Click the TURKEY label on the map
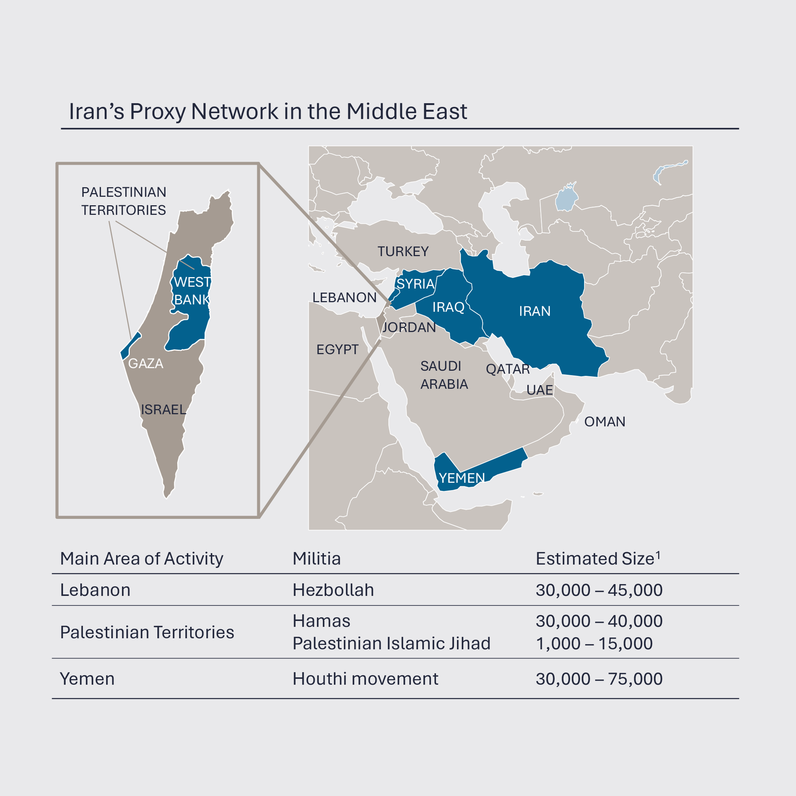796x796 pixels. pos(403,251)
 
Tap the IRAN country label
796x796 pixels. pos(534,311)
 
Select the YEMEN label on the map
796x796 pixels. pos(461,478)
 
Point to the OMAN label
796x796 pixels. pos(604,421)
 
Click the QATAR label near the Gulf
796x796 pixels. pos(507,369)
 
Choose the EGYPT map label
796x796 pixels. pos(337,349)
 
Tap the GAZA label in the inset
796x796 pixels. pos(145,363)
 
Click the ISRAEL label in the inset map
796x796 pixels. pos(163,410)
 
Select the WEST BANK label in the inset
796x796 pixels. pos(192,291)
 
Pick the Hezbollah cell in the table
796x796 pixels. pos(333,590)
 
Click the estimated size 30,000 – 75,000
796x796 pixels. pos(599,679)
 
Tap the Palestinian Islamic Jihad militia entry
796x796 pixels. pos(391,644)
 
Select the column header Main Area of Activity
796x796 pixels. pos(141,559)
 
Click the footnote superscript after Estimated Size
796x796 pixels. pos(658,555)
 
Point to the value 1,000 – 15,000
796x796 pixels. pos(594,644)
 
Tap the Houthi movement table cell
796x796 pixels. pos(365,679)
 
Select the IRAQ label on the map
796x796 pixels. pos(448,307)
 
